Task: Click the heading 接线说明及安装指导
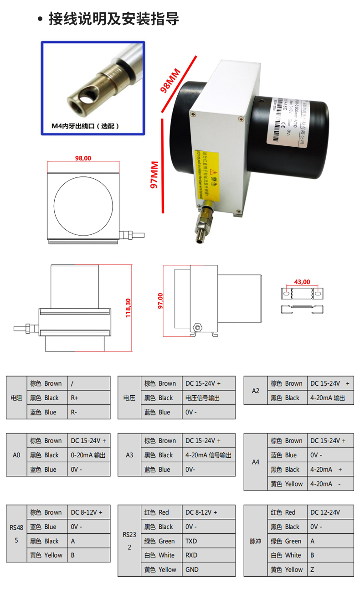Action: (113, 19)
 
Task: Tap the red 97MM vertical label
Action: (154, 175)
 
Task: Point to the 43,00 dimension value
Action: (302, 282)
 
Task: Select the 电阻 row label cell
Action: (16, 398)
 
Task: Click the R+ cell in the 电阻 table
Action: (89, 398)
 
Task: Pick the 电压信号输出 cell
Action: (208, 398)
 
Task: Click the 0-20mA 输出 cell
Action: (89, 455)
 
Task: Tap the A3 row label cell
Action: (129, 455)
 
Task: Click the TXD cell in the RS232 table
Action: (208, 541)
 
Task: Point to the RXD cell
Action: (208, 555)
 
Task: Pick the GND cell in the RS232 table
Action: (208, 569)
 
